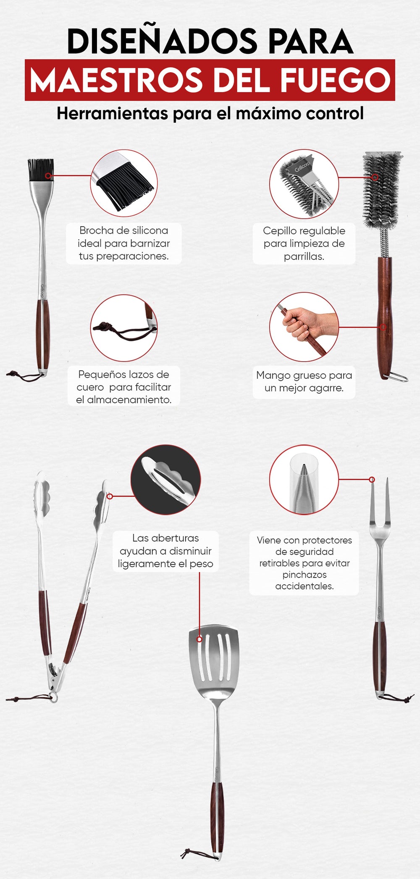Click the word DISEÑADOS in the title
coord(162,42)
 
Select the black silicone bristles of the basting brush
coord(41,170)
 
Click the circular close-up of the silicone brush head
coord(124,181)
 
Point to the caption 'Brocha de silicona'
coord(123,230)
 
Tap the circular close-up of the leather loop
coord(124,328)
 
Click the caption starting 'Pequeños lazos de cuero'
coord(124,387)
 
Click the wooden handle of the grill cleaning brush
coord(385,318)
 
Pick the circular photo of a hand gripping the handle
coord(304,327)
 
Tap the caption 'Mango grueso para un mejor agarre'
coord(304,381)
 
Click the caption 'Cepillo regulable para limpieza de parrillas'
coord(304,243)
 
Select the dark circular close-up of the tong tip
coord(165,480)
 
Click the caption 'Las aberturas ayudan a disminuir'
coord(165,551)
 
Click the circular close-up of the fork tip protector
coord(304,480)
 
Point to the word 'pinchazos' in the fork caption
coord(304,575)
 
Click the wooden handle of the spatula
coord(217,818)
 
